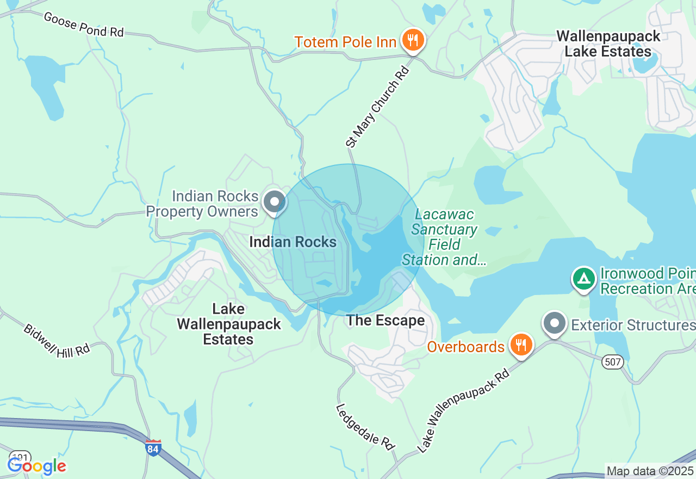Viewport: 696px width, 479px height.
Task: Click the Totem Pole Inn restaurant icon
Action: coord(413,40)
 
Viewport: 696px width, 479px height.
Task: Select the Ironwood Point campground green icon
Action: coord(583,279)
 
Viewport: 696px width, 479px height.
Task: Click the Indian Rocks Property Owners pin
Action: coord(275,202)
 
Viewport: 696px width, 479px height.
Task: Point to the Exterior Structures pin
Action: coord(555,323)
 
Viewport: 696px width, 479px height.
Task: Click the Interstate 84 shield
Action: coord(153,447)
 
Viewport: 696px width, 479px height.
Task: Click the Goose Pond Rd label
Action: coord(84,24)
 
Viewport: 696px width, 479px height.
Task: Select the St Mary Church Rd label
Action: coord(377,107)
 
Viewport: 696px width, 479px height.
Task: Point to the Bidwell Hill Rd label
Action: coord(57,341)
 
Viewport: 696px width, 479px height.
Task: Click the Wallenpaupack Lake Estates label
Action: coord(608,44)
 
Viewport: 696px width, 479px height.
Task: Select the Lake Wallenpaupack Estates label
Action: coord(228,324)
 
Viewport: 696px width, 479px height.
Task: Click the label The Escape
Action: coord(386,321)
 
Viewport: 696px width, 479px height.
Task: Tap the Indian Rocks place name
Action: coord(293,242)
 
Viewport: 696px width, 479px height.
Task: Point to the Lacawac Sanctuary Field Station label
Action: coord(444,237)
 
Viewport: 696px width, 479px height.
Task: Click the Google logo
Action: coord(36,466)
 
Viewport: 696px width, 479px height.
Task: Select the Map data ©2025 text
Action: coord(650,471)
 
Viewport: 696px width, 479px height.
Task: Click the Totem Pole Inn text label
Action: coord(345,42)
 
